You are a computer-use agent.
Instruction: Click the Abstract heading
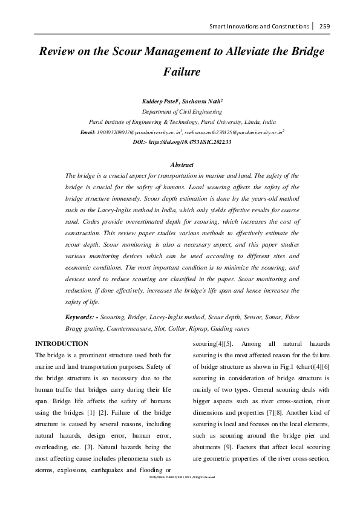coord(182,165)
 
